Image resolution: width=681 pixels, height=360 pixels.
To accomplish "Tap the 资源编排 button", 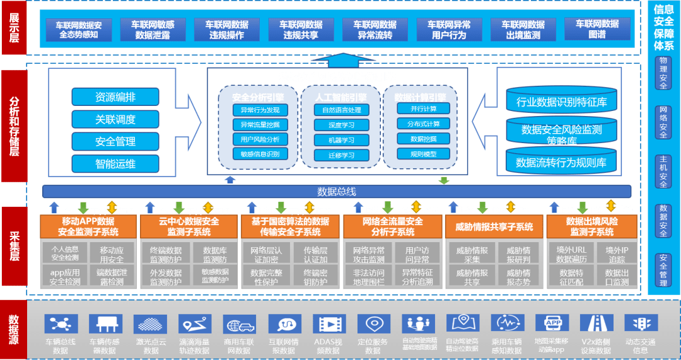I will click(115, 97).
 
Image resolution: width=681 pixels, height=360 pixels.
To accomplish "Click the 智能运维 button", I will click(115, 164).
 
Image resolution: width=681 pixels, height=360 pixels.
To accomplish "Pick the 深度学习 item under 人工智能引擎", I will click(341, 125).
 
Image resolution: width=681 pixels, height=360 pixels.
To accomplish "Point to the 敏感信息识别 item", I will click(260, 154).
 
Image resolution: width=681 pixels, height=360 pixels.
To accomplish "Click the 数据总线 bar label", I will click(337, 192).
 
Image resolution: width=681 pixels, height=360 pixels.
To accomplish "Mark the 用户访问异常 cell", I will click(416, 255).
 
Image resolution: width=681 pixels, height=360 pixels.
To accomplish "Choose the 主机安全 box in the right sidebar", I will click(663, 171).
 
